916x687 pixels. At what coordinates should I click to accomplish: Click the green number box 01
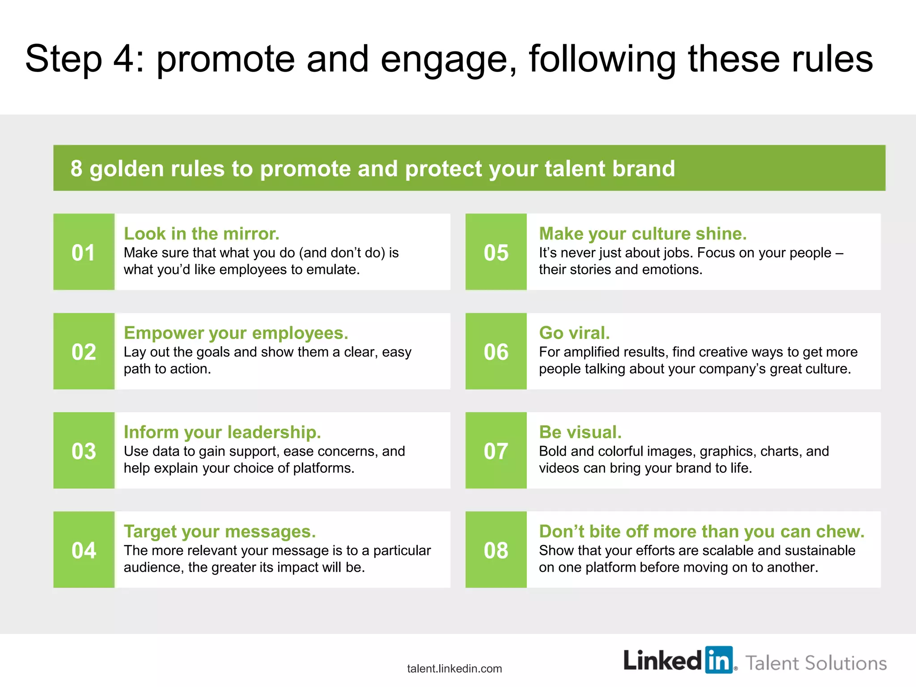tap(84, 252)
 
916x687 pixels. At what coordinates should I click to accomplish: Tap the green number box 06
tap(496, 351)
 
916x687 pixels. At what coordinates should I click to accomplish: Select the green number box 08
tap(496, 550)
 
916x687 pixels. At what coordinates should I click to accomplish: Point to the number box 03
tap(84, 450)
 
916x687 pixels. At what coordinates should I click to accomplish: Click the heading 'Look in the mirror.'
tap(201, 233)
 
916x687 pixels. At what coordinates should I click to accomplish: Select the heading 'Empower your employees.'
tap(236, 333)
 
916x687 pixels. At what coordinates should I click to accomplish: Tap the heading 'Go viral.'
tap(574, 333)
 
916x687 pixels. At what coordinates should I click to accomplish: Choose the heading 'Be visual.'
tap(580, 432)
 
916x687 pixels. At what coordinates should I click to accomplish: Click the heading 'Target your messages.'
tap(220, 531)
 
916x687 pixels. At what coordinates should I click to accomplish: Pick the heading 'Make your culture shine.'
tap(643, 233)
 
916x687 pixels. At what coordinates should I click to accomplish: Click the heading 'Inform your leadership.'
tap(222, 432)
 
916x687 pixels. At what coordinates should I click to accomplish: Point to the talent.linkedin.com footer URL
tap(454, 669)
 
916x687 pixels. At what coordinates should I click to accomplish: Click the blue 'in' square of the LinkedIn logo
tap(719, 659)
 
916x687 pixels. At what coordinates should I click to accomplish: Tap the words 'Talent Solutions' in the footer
tap(816, 663)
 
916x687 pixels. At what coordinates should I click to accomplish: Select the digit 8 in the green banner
tap(76, 169)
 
